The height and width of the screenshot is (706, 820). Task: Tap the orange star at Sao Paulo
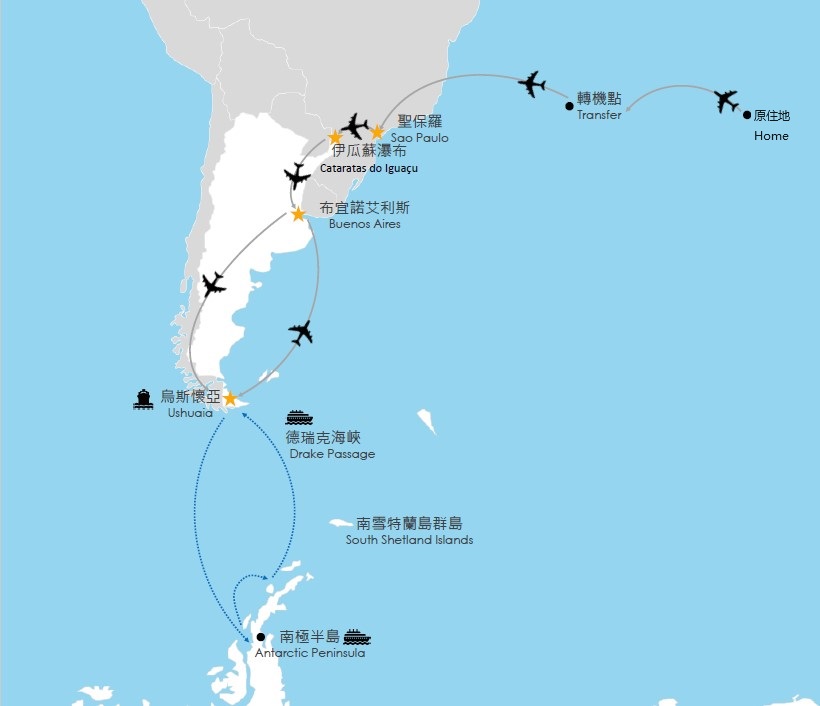377,131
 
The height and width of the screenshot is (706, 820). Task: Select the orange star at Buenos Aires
298,214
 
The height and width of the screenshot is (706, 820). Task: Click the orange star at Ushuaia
230,399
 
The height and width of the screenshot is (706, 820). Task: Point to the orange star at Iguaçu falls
336,137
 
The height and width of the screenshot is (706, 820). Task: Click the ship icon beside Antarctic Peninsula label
357,636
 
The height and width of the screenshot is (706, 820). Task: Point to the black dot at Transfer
569,105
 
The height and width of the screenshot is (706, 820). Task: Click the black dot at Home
746,115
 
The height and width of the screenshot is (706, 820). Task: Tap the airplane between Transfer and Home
727,100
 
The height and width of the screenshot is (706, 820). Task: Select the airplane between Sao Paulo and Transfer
532,84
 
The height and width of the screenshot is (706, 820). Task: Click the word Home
771,135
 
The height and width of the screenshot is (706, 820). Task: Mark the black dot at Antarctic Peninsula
260,637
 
